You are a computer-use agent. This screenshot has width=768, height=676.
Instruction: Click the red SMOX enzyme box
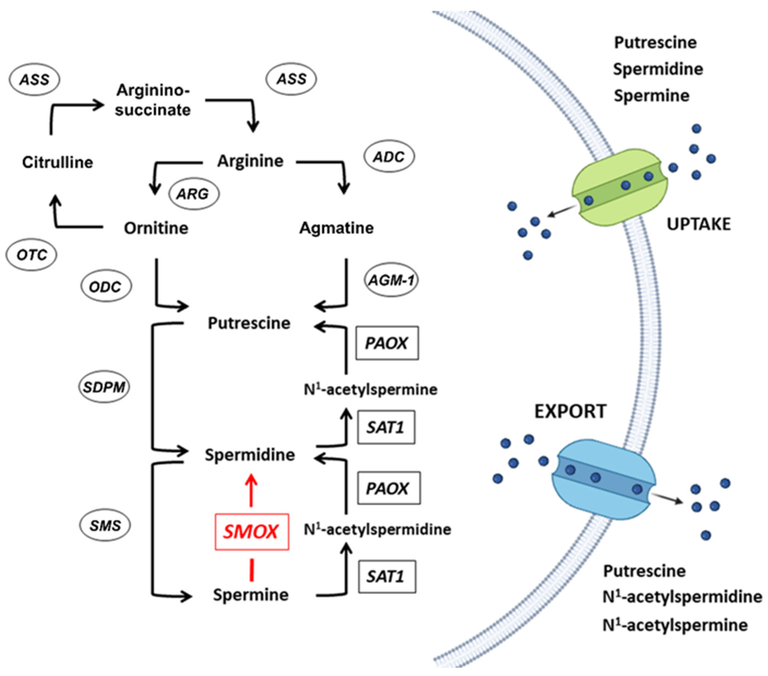[251, 531]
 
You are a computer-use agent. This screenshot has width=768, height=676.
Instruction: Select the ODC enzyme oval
[106, 287]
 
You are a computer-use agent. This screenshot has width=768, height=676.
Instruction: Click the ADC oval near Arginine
[389, 157]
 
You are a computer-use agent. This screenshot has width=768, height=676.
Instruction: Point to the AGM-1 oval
[391, 280]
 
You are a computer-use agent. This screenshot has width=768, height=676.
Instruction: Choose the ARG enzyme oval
[194, 194]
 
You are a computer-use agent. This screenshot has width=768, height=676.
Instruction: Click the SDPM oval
[104, 387]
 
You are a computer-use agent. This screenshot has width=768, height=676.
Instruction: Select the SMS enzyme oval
[105, 525]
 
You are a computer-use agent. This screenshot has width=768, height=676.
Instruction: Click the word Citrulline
[58, 163]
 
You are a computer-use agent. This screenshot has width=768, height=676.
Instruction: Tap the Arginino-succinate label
[153, 100]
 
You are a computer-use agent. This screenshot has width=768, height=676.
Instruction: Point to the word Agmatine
[336, 228]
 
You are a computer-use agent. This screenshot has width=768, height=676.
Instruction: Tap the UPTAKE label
[698, 224]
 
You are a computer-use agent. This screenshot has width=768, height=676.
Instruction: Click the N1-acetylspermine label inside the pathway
[370, 390]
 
